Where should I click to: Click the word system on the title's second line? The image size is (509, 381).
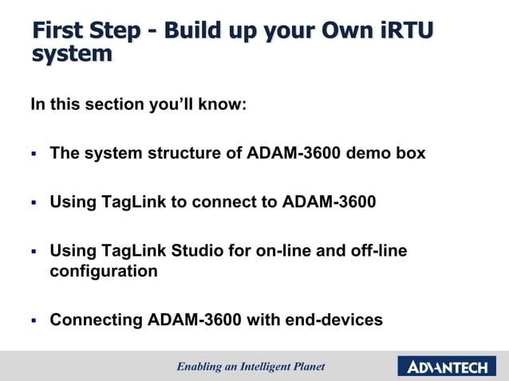click(72, 54)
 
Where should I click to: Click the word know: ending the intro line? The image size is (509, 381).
click(221, 104)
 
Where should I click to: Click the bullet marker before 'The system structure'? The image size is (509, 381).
click(34, 154)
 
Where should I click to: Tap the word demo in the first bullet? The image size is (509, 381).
click(369, 153)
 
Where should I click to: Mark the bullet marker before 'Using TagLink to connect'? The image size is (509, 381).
click(34, 203)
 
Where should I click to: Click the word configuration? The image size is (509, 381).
click(104, 271)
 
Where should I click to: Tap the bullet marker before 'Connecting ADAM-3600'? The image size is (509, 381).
click(34, 321)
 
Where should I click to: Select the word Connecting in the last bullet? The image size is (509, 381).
click(97, 320)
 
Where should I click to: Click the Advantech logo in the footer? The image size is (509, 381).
click(447, 367)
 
